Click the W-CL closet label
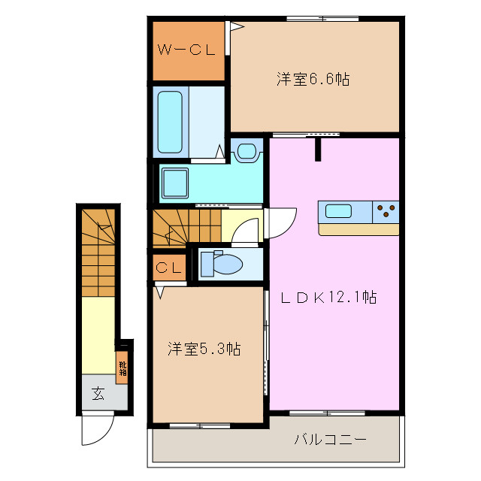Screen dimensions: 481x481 186,50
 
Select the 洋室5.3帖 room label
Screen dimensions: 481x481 204,349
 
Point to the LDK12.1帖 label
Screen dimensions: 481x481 328,298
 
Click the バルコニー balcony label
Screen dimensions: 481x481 330,438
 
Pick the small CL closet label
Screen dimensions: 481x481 169,268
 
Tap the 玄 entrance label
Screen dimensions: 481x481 98,392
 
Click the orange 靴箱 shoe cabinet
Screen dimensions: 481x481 122,368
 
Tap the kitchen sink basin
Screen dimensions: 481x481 339,211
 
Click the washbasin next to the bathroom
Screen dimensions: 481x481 247,151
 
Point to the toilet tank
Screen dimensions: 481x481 207,264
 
